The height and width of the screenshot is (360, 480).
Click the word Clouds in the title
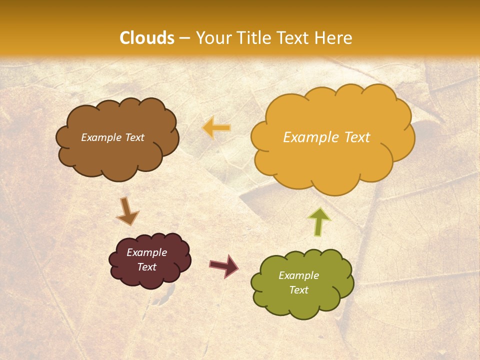[x=147, y=38]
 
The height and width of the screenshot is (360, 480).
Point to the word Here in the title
[x=335, y=38]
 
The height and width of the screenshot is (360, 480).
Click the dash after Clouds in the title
[x=184, y=38]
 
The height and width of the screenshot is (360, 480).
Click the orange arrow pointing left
[x=217, y=128]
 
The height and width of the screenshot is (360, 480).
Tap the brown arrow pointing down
[x=127, y=211]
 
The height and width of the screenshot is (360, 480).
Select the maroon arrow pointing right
[x=224, y=265]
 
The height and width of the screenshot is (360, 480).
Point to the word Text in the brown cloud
[x=134, y=137]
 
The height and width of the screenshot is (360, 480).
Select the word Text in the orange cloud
[x=357, y=137]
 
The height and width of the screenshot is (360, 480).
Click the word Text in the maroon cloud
[x=147, y=267]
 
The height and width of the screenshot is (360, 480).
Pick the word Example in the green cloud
[x=298, y=275]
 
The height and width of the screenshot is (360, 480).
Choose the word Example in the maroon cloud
[x=147, y=252]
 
